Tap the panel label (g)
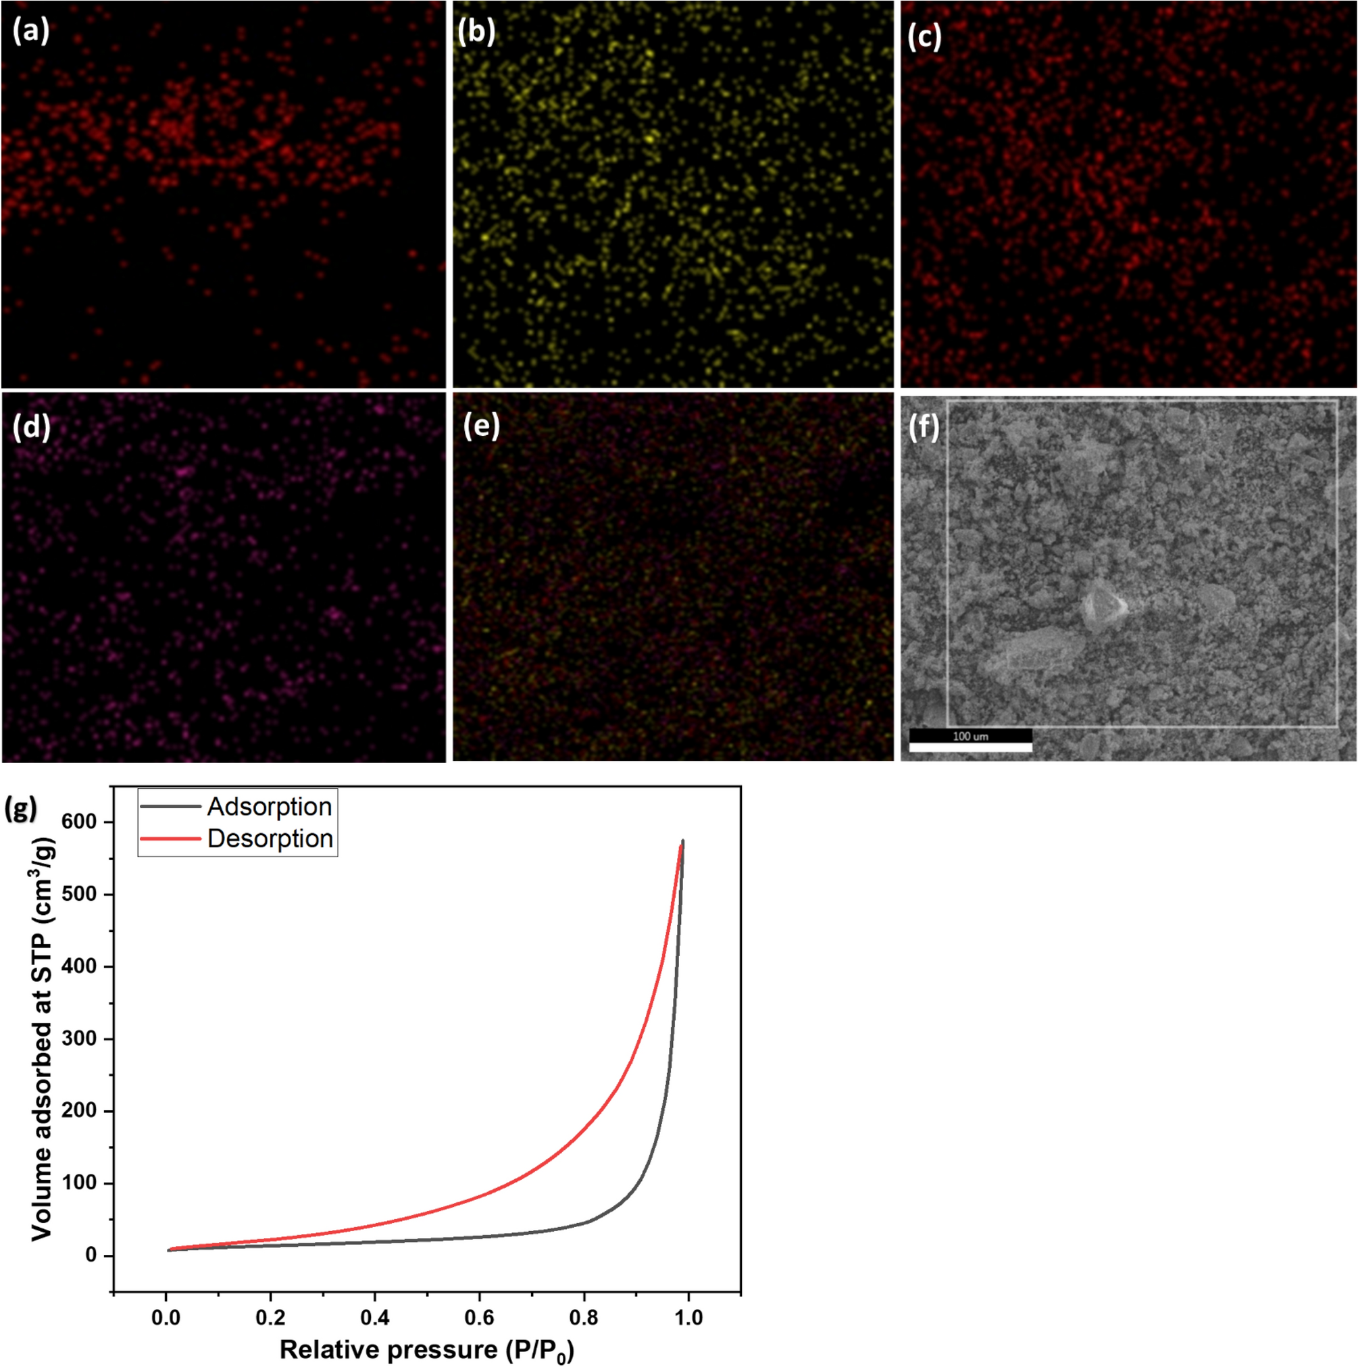(20, 809)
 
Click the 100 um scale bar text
(970, 737)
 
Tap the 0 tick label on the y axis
(91, 1256)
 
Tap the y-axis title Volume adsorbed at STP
(43, 1040)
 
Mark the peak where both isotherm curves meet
(682, 842)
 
